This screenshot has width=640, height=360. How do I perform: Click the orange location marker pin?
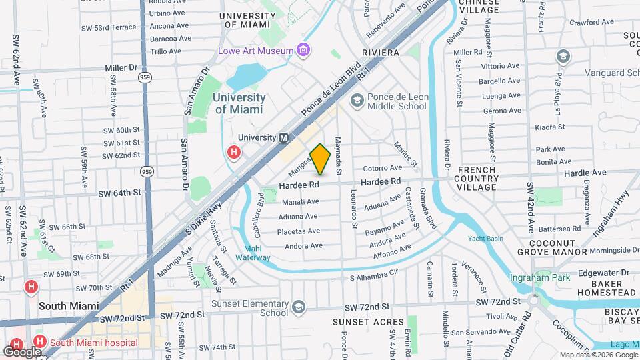pyautogui.click(x=321, y=159)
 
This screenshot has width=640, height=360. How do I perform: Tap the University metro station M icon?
pyautogui.click(x=283, y=137)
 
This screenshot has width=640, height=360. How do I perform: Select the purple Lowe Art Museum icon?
pyautogui.click(x=303, y=50)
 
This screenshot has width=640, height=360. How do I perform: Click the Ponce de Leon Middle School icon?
pyautogui.click(x=357, y=100)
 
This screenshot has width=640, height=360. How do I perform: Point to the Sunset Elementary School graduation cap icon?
pyautogui.click(x=299, y=307)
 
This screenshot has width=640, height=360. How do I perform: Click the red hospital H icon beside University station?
pyautogui.click(x=233, y=153)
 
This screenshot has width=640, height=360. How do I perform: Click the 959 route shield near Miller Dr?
pyautogui.click(x=145, y=77)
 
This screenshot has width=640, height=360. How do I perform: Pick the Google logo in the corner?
pyautogui.click(x=22, y=351)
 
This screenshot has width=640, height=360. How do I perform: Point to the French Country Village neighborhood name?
pyautogui.click(x=486, y=179)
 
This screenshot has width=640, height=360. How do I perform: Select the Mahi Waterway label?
pyautogui.click(x=252, y=253)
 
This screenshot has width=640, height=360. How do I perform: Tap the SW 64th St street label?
pyautogui.click(x=120, y=193)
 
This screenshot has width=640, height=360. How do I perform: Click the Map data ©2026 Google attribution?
pyautogui.click(x=597, y=355)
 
